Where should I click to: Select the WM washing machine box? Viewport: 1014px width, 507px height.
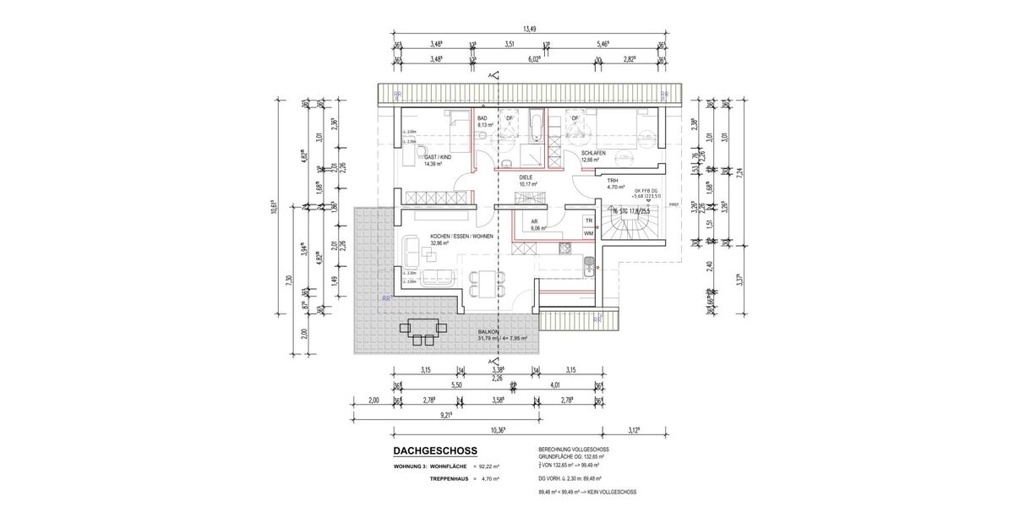coord(588,232)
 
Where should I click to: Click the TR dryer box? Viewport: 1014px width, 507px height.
coord(588,220)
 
